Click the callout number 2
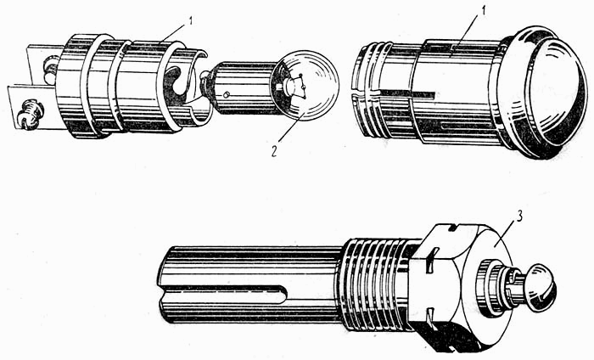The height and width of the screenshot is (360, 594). [x=274, y=150]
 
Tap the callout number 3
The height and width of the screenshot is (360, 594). [x=519, y=217]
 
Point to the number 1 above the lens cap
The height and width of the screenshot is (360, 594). [x=484, y=12]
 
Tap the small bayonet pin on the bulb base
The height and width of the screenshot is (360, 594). [x=226, y=95]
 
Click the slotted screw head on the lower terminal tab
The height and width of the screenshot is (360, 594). [x=30, y=114]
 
